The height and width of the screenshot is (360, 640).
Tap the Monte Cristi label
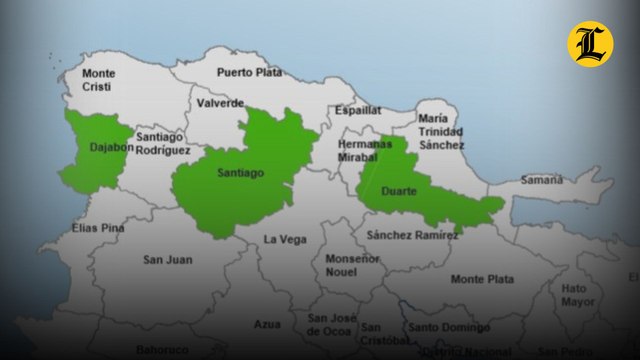coord(98,80)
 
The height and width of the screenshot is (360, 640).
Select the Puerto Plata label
coord(250,72)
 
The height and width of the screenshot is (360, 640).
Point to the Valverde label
coord(220,103)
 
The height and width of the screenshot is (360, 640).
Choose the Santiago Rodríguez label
coord(163,143)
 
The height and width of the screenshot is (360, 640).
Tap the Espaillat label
coord(359,110)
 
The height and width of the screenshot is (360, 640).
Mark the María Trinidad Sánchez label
coord(441,131)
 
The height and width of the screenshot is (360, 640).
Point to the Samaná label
coord(541,180)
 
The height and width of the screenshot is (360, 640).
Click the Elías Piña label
coord(98,228)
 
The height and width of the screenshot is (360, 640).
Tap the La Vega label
coord(285,239)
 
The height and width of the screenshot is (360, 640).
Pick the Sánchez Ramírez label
coord(412,235)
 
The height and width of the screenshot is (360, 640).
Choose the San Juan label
coord(166,260)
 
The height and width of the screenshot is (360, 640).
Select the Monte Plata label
coord(482,279)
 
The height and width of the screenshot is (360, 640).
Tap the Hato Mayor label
coord(577,295)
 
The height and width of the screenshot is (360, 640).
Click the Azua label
coord(267,324)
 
